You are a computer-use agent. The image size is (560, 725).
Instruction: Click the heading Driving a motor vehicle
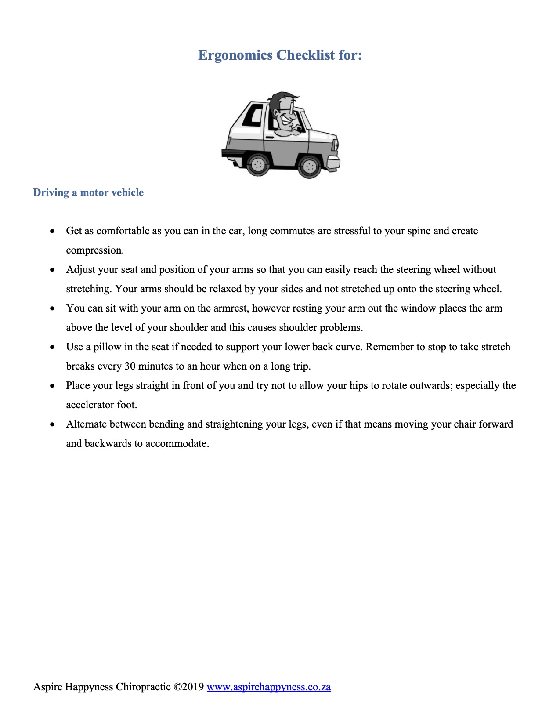point(88,192)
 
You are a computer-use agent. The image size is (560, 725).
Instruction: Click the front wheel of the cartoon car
point(309,166)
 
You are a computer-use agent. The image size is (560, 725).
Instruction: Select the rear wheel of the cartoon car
point(258,165)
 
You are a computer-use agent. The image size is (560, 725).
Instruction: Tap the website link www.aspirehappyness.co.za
point(268,687)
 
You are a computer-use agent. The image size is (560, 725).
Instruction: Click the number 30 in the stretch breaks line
point(130,366)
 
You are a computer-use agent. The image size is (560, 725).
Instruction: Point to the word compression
point(95,250)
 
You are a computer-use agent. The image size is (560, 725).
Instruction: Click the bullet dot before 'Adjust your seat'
point(53,270)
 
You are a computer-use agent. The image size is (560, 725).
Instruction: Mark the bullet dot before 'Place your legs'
point(53,386)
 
